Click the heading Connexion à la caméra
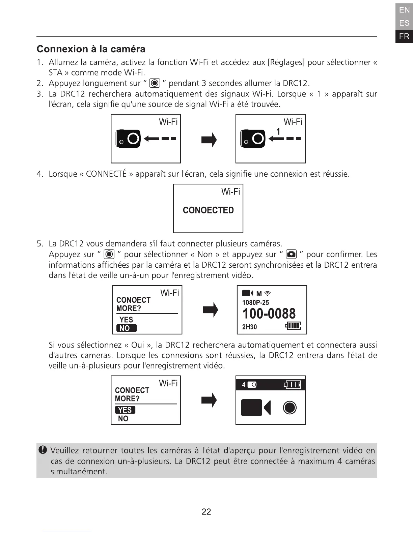(91, 49)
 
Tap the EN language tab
(404, 10)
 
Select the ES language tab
(404, 23)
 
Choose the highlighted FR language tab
(404, 36)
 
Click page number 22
(206, 512)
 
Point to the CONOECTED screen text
(208, 210)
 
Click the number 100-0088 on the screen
(269, 314)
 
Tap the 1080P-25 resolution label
(255, 302)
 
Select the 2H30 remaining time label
(249, 327)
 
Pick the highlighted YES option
(125, 410)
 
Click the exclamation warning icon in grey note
(43, 450)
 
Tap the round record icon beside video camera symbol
(290, 408)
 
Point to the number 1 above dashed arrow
(278, 131)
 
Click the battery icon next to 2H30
(293, 326)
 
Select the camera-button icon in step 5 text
(291, 254)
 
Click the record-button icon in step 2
(155, 83)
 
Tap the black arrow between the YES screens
(209, 400)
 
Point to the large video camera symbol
(256, 408)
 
